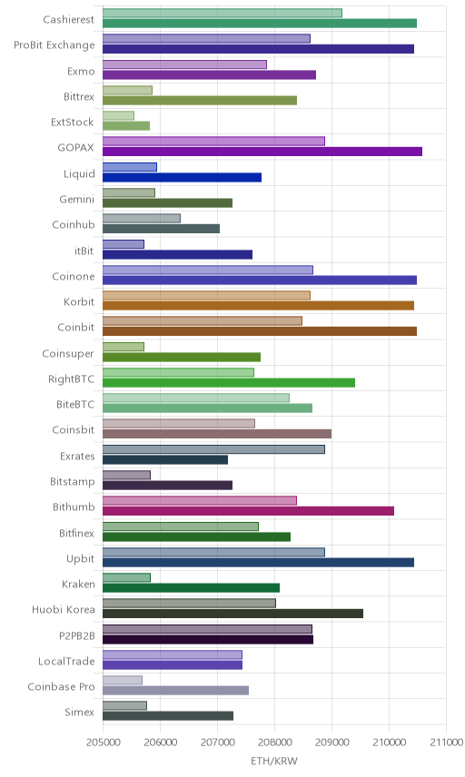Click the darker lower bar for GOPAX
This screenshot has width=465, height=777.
[x=262, y=152]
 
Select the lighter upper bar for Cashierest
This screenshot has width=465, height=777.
[x=223, y=13]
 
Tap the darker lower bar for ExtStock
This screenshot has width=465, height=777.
[x=126, y=126]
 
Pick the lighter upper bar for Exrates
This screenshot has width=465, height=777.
[x=213, y=449]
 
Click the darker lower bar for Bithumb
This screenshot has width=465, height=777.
[x=248, y=511]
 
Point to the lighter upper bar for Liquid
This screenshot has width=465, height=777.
[x=129, y=167]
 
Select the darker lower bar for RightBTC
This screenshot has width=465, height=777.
[x=229, y=382]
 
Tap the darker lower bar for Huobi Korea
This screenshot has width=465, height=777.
[x=232, y=614]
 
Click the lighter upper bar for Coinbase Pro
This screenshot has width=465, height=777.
[x=123, y=680]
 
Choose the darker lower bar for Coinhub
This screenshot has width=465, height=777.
[x=161, y=229]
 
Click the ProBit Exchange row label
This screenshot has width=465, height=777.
[x=54, y=45]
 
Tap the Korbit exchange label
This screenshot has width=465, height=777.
[x=79, y=301]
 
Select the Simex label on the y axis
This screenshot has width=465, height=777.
[x=79, y=712]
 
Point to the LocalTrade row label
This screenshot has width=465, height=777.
[x=66, y=661]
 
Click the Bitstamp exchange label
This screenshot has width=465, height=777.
[x=73, y=482]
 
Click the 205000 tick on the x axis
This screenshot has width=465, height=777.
[x=103, y=743]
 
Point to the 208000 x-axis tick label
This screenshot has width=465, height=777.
[x=274, y=743]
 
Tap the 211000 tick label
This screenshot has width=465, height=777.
[x=446, y=743]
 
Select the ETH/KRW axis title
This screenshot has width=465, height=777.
[x=274, y=762]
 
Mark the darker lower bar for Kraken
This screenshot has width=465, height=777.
[x=191, y=587]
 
